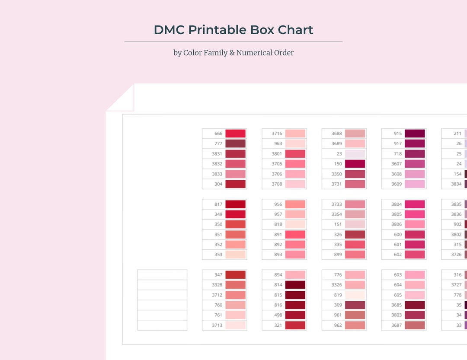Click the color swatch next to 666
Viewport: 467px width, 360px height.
pyautogui.click(x=235, y=134)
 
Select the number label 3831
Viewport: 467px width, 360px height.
pyautogui.click(x=218, y=154)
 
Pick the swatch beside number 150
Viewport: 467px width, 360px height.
pyautogui.click(x=355, y=164)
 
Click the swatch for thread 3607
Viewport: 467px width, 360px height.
pyautogui.click(x=415, y=164)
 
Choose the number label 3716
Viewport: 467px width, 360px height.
pyautogui.click(x=277, y=134)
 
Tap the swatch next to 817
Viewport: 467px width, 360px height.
pyautogui.click(x=235, y=204)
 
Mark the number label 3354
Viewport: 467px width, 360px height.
pyautogui.click(x=336, y=214)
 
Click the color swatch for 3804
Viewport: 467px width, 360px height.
pyautogui.click(x=415, y=204)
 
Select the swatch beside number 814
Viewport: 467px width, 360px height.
pyautogui.click(x=295, y=285)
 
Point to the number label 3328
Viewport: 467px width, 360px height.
pyautogui.click(x=217, y=285)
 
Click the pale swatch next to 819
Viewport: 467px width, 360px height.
pyautogui.click(x=355, y=295)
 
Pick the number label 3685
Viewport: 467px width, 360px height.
pyautogui.click(x=397, y=305)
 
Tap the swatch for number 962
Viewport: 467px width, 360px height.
pyautogui.click(x=355, y=325)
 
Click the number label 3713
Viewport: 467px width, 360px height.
pyautogui.click(x=218, y=325)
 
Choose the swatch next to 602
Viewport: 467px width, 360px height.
pyautogui.click(x=415, y=255)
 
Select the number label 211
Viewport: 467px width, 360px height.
pyautogui.click(x=457, y=134)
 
